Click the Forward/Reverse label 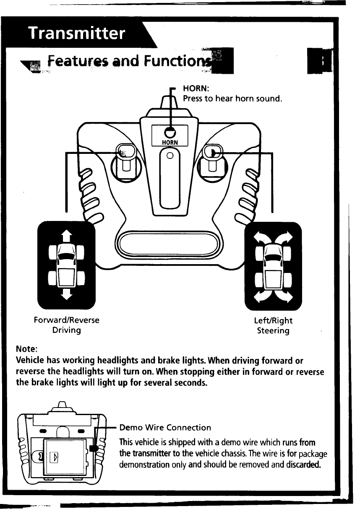coord(66,320)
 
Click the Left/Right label coord(273,321)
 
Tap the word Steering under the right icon coord(273,331)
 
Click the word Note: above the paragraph coord(26,349)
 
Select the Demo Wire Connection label coord(165,428)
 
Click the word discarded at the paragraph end coord(299,465)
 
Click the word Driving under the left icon coord(66,330)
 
